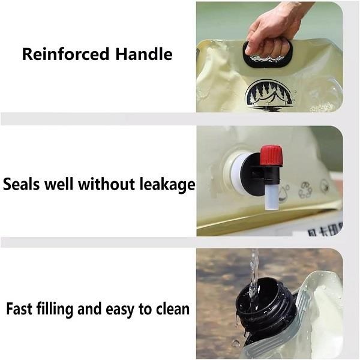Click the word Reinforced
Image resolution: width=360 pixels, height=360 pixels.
[65, 54]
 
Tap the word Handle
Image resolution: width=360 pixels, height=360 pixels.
[144, 54]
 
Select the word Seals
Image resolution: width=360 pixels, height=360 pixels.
[22, 184]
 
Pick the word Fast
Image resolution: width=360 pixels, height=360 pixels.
[20, 308]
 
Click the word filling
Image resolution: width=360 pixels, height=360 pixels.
[56, 310]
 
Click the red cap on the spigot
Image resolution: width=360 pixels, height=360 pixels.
[272, 155]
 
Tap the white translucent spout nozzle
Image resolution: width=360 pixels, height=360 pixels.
[272, 197]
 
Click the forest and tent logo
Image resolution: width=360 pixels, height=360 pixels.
[269, 95]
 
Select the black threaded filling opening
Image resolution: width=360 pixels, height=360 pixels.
[266, 304]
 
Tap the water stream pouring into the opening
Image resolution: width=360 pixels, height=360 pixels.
[254, 280]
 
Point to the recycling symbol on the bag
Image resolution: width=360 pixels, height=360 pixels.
[305, 190]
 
